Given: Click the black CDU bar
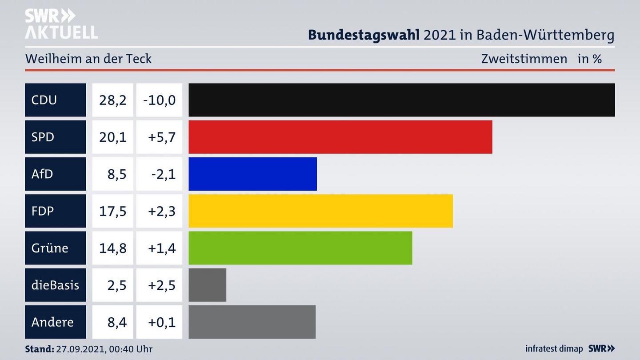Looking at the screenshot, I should click(x=401, y=100).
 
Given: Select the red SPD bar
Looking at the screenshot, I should click(x=340, y=137).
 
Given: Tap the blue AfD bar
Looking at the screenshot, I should click(x=252, y=174).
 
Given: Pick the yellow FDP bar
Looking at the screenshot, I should click(x=320, y=211).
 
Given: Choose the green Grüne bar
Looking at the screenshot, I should click(x=300, y=248).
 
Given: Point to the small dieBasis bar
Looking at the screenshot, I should click(x=207, y=285).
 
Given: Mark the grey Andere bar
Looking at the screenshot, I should click(x=252, y=322).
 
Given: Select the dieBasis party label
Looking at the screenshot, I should click(x=55, y=285).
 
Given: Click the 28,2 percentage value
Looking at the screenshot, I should click(x=112, y=100).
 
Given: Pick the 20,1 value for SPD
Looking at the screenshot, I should click(x=112, y=137).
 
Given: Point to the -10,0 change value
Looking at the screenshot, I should click(x=159, y=100).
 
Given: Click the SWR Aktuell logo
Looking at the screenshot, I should click(x=61, y=24).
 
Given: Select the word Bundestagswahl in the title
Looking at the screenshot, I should click(x=364, y=35).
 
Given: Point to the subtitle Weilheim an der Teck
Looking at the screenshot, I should click(x=88, y=59).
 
